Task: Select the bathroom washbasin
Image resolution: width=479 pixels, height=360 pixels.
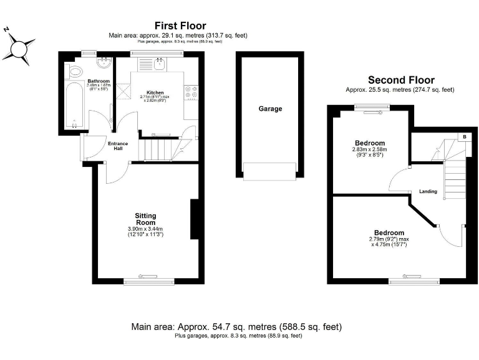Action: click(x=103, y=62)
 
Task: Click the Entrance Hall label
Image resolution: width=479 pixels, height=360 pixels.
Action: click(x=118, y=146)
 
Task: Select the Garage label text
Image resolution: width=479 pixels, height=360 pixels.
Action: click(x=270, y=109)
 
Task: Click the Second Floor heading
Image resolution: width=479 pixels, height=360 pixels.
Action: click(x=400, y=80)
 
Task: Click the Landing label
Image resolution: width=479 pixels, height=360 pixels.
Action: click(x=428, y=191)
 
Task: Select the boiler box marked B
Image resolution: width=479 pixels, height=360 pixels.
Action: click(x=464, y=137)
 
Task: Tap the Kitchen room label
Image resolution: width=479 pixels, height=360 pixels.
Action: click(x=155, y=92)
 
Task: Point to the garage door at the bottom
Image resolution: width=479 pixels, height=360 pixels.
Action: click(x=269, y=171)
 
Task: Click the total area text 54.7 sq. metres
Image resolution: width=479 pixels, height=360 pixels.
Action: click(x=236, y=327)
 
